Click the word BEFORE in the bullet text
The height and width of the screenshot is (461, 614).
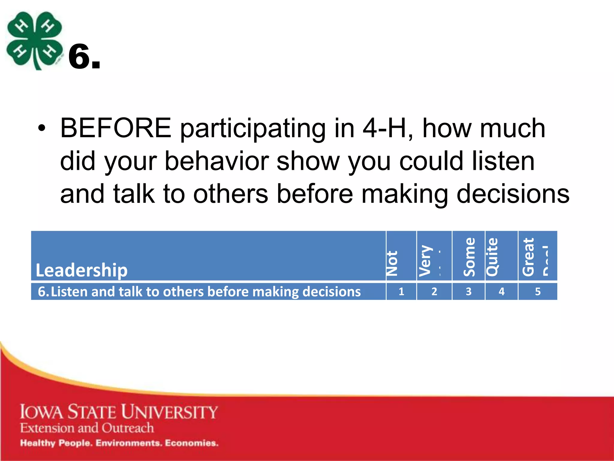tap(116, 128)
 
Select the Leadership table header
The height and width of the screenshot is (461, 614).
tap(82, 270)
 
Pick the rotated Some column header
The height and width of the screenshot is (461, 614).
tap(469, 257)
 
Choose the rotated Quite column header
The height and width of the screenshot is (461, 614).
tap(492, 257)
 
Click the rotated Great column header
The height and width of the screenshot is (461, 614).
tap(528, 257)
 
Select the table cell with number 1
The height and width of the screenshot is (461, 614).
tap(401, 291)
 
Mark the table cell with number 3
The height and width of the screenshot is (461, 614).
tap(468, 291)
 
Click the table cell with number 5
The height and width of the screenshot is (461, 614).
tap(538, 291)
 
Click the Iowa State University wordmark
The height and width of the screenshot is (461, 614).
tap(119, 412)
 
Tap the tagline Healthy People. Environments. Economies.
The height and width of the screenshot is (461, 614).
tap(119, 443)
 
